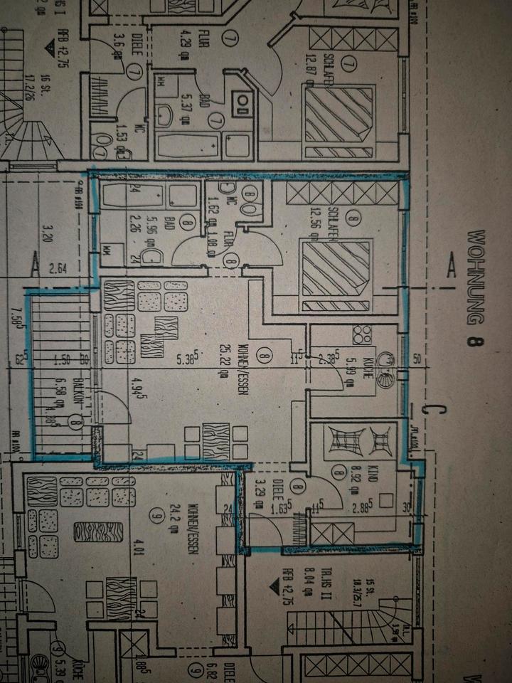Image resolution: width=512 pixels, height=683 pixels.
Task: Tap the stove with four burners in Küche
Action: tap(361, 334)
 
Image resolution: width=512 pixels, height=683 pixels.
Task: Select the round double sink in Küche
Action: tap(385, 371)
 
